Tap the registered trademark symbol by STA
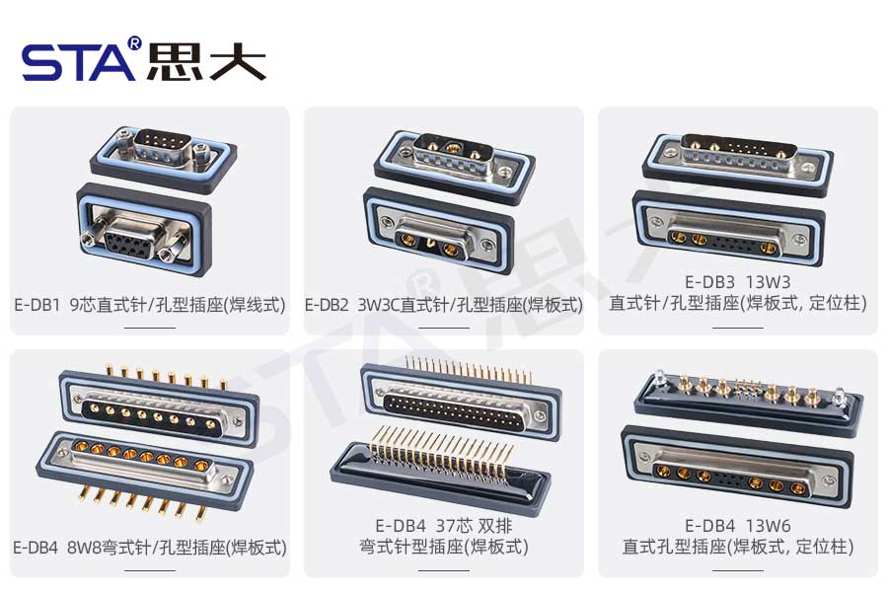point(134,44)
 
